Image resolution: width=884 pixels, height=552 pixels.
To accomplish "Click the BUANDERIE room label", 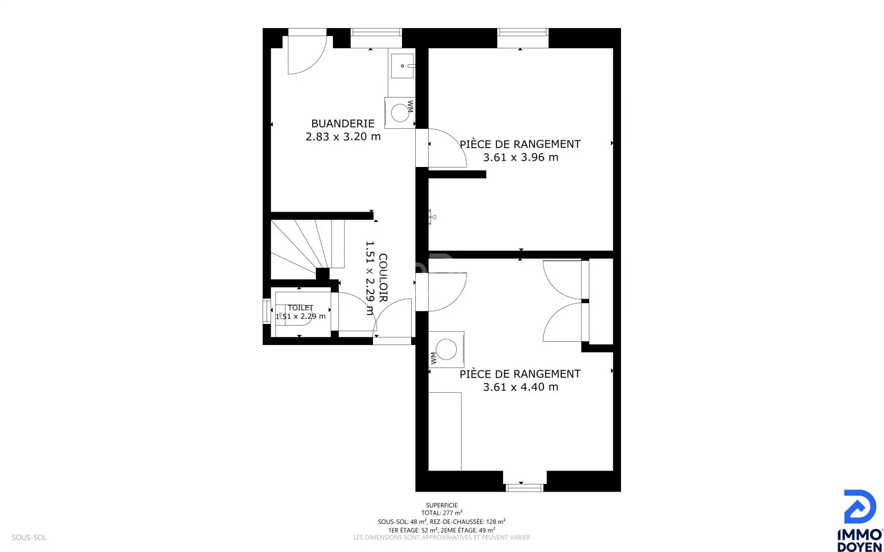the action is pyautogui.click(x=343, y=123).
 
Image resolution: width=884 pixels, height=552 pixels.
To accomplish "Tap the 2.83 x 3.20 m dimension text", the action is pyautogui.click(x=343, y=137).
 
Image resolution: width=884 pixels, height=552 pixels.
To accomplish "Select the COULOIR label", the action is pyautogui.click(x=383, y=277).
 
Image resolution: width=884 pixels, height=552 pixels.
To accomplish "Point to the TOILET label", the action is pyautogui.click(x=300, y=308).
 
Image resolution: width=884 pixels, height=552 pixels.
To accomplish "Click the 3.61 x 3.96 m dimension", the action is pyautogui.click(x=521, y=157).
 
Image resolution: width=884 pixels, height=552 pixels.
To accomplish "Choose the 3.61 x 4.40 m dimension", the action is pyautogui.click(x=521, y=387).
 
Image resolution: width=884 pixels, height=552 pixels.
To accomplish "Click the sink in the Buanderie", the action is pyautogui.click(x=402, y=66).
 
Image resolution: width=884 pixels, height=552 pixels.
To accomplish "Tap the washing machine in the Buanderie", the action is pyautogui.click(x=400, y=113).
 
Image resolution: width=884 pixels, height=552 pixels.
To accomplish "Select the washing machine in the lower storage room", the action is pyautogui.click(x=446, y=350).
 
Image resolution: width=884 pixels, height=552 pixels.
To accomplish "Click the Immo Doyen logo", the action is pyautogui.click(x=859, y=520).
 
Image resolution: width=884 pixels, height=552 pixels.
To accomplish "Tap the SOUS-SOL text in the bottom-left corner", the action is pyautogui.click(x=29, y=537).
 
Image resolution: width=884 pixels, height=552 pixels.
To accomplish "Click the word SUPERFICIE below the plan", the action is pyautogui.click(x=442, y=505).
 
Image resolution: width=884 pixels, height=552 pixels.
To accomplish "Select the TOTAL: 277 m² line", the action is pyautogui.click(x=442, y=513).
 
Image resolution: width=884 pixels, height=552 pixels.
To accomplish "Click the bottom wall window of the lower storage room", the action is pyautogui.click(x=524, y=488).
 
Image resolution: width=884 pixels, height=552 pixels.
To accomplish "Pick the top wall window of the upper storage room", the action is pyautogui.click(x=523, y=32).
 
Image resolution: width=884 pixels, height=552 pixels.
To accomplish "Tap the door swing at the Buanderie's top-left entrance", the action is pyautogui.click(x=307, y=55).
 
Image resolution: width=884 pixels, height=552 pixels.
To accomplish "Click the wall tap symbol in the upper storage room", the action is pyautogui.click(x=431, y=217).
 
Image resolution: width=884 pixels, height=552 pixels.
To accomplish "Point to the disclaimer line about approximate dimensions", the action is pyautogui.click(x=442, y=537).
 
